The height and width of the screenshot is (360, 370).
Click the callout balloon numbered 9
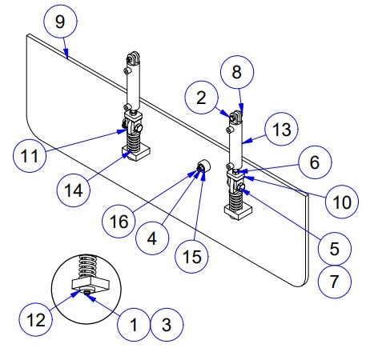click(60, 22)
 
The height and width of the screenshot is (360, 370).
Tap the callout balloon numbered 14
click(74, 190)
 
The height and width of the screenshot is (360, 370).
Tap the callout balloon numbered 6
click(315, 161)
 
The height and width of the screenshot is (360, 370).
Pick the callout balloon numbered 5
click(334, 248)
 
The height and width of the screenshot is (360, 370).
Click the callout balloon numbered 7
click(334, 282)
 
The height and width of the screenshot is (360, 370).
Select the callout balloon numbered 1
click(135, 326)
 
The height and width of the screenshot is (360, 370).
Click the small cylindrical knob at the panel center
click(202, 167)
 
